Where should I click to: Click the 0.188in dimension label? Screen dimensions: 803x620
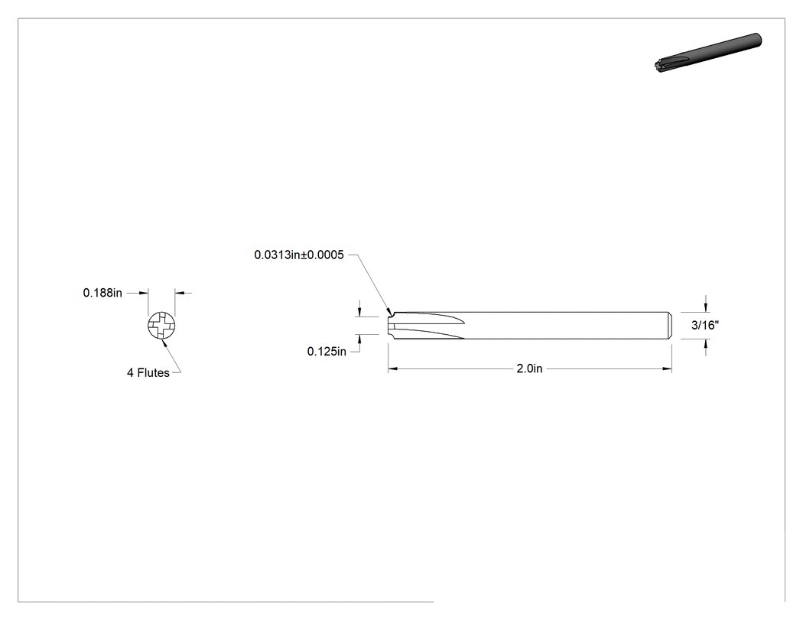click(x=102, y=293)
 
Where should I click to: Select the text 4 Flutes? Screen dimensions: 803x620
click(x=148, y=373)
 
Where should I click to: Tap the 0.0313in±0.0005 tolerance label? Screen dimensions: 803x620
click(x=299, y=255)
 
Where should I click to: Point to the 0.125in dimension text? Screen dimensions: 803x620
click(x=327, y=351)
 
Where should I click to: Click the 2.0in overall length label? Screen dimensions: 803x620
click(x=529, y=368)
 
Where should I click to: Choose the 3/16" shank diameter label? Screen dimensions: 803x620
click(x=705, y=325)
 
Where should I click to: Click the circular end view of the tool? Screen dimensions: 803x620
click(x=161, y=326)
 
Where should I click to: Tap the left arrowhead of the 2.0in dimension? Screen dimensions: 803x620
click(x=392, y=368)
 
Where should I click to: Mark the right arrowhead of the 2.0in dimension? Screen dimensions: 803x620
click(x=668, y=368)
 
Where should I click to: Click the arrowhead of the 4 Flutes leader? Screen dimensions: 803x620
click(x=164, y=342)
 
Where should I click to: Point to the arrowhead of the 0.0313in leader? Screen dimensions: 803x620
click(x=390, y=311)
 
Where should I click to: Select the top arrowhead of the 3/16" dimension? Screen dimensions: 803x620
click(x=706, y=307)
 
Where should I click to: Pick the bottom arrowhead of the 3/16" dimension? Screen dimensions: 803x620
click(x=706, y=343)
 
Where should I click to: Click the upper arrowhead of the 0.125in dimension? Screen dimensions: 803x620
click(x=360, y=313)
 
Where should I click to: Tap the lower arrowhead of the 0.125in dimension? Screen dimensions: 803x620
click(x=360, y=339)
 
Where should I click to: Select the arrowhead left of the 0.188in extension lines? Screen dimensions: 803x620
click(x=144, y=293)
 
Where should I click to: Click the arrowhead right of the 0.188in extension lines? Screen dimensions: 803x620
click(x=180, y=293)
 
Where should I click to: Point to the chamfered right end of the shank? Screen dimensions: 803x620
click(x=670, y=326)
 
